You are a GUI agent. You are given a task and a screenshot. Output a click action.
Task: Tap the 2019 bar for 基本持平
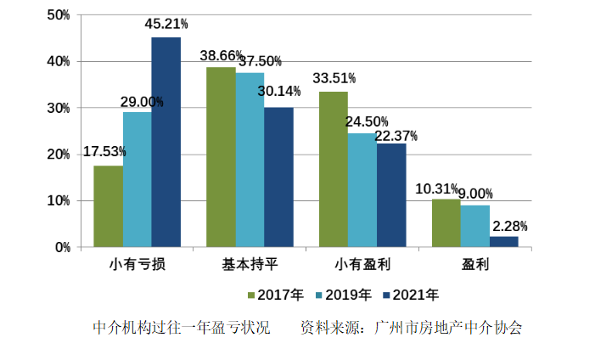(250, 160)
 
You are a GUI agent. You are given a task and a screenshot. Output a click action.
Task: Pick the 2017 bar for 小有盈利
(334, 170)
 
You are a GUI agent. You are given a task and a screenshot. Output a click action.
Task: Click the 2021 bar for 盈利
(503, 242)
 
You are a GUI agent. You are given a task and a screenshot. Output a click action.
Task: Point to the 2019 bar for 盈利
(474, 226)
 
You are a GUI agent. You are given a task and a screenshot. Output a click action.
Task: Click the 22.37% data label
(395, 136)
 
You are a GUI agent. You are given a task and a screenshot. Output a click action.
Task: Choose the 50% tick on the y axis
(58, 15)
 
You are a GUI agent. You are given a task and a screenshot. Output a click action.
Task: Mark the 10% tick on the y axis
(58, 201)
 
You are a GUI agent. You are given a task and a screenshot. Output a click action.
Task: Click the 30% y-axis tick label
(58, 109)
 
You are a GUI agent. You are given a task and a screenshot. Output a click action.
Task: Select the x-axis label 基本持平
(250, 263)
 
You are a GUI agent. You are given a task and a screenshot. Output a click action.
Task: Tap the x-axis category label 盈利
(475, 263)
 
